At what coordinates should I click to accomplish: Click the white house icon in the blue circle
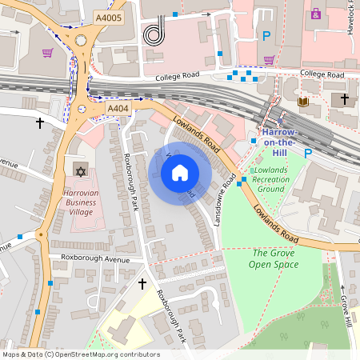click(179, 172)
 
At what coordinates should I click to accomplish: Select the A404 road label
click(118, 108)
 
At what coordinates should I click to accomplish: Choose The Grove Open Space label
click(272, 258)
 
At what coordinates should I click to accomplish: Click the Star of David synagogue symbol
click(79, 171)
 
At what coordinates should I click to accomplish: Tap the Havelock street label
click(353, 22)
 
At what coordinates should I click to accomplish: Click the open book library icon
click(302, 102)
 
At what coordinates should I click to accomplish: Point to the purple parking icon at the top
click(316, 14)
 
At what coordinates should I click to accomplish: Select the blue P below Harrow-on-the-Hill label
click(306, 150)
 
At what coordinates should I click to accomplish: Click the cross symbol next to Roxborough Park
click(142, 283)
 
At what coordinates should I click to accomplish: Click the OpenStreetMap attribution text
click(80, 354)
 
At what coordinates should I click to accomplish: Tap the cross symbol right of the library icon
click(345, 99)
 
